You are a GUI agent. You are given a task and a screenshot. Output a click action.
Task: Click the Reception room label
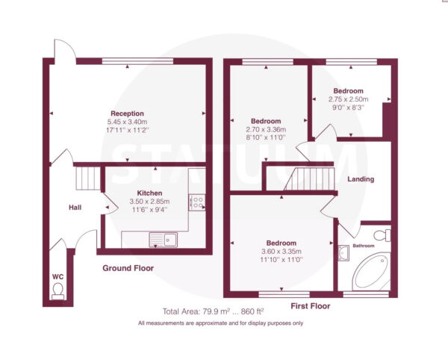point(127,114)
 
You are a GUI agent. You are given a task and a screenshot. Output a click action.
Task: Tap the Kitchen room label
point(149,193)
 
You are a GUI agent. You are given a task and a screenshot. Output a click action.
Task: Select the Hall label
point(75,208)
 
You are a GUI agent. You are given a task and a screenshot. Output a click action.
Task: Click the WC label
point(57,277)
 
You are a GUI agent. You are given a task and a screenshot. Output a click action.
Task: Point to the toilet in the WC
point(58,291)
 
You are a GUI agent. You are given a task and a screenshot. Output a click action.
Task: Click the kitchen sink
point(163,240)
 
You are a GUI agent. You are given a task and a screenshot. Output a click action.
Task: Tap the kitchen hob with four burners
point(197,202)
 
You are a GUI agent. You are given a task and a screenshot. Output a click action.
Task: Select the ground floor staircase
point(88,179)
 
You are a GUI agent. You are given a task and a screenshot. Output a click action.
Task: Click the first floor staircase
point(309,179)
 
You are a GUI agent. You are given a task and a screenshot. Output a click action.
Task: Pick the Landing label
point(361,179)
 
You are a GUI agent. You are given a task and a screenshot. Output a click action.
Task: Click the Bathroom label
point(363,246)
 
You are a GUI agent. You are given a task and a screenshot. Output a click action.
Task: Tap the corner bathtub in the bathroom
point(371,270)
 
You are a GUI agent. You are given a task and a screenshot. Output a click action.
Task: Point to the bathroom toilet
point(382,235)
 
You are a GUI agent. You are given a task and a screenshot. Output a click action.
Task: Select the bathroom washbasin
point(343,253)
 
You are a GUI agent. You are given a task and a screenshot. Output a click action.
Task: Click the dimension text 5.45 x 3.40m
point(127,122)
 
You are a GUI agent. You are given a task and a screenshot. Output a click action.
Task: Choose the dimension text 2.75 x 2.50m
point(348,99)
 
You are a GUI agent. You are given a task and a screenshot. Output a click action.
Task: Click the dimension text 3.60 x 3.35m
point(281,252)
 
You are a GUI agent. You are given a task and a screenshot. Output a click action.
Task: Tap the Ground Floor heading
point(128,268)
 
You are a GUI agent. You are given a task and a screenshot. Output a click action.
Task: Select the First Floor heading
point(311,306)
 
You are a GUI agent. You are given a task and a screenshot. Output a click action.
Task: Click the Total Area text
point(213,311)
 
